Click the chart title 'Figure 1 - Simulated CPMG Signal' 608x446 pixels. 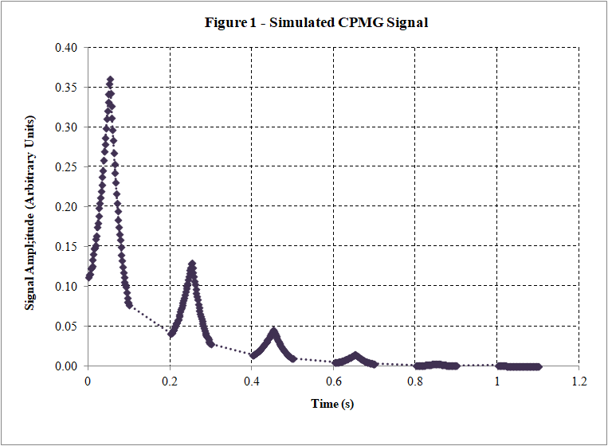(x=316, y=22)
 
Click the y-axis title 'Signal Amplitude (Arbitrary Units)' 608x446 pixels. (x=29, y=206)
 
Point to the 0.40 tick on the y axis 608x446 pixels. (x=67, y=48)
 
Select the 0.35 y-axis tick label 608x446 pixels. (x=67, y=88)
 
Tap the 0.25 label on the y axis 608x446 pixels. (x=67, y=167)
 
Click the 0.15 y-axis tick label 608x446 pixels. (x=67, y=247)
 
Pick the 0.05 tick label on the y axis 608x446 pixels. (x=67, y=327)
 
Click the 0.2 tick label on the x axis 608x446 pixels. (x=170, y=381)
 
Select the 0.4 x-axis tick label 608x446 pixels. (x=252, y=381)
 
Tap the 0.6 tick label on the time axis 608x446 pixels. (x=333, y=381)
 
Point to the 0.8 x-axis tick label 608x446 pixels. (x=415, y=381)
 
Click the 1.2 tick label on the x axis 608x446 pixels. (x=579, y=381)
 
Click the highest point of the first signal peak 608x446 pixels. (x=110, y=80)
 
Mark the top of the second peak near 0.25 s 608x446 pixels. (x=192, y=264)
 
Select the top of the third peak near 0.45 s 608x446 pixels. (x=273, y=331)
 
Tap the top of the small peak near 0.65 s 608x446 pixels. (x=355, y=356)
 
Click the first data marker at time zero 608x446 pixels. (x=88, y=278)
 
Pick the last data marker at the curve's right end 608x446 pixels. (x=538, y=366)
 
